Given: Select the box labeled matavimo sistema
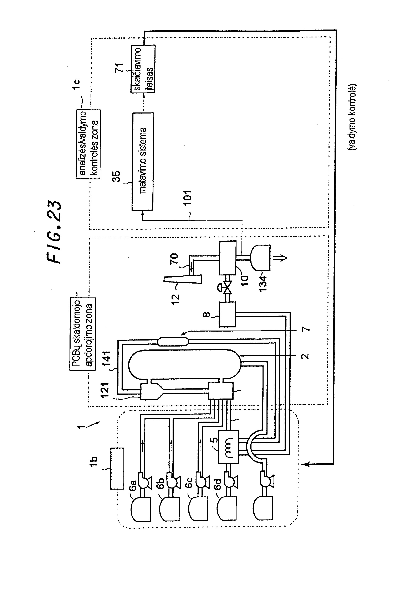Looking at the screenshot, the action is click(143, 161).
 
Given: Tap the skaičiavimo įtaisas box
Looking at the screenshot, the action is click(143, 69).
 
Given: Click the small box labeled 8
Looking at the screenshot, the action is click(227, 314).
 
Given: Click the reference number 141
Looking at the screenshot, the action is click(106, 359).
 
